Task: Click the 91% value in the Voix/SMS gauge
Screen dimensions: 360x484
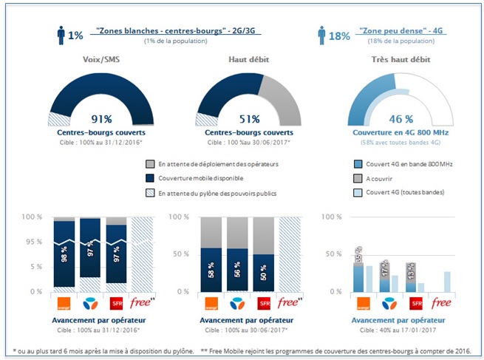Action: point(101,119)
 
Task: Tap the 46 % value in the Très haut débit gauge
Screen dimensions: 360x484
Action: point(400,118)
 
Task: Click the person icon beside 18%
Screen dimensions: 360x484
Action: point(321,35)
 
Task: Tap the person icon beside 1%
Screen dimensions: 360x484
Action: point(61,35)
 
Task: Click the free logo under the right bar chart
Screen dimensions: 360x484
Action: point(441,304)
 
